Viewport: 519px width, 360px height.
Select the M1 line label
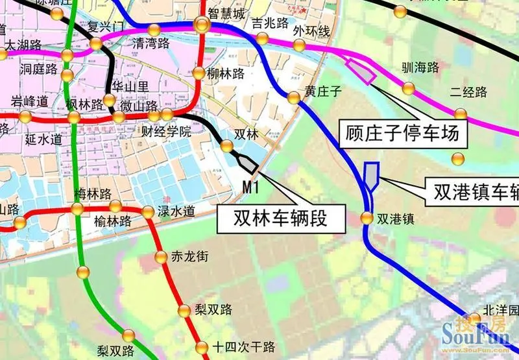250,188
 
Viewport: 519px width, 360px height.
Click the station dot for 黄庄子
294,98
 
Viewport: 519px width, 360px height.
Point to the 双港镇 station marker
367,218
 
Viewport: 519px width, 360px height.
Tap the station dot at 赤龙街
160,257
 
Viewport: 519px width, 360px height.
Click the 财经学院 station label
167,132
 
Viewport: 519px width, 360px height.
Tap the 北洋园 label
501,310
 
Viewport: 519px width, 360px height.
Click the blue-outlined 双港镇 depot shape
371,174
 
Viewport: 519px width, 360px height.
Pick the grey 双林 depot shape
247,163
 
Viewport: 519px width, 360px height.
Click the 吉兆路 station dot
262,38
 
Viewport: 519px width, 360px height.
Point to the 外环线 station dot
300,45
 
